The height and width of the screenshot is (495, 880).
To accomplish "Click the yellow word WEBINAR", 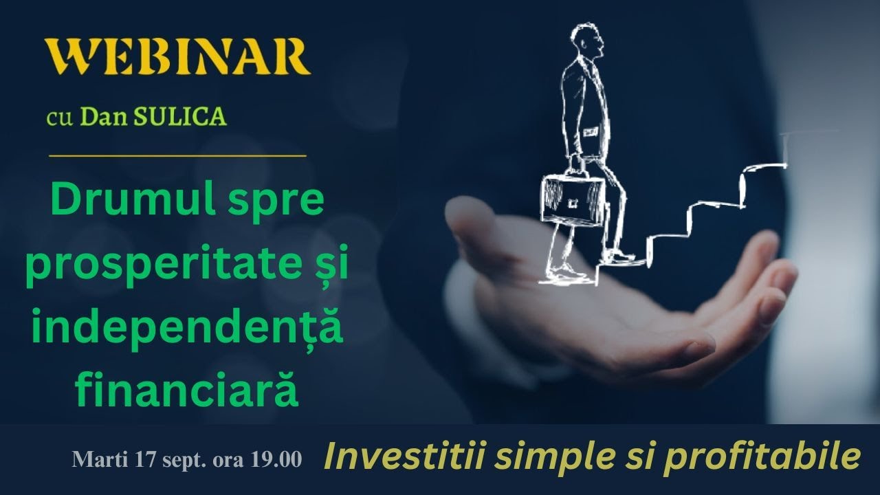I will point(177,58).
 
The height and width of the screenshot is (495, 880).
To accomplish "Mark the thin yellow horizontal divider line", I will point(177,156).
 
